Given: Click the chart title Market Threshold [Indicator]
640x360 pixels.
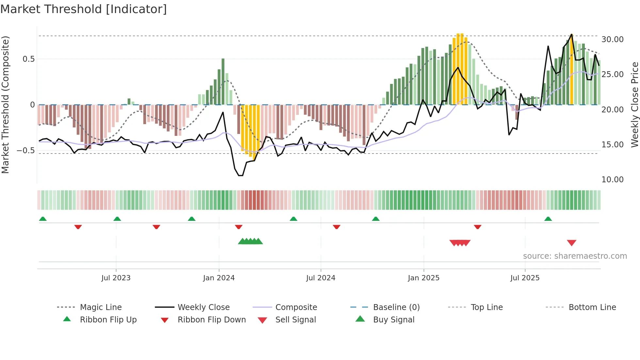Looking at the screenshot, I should click(84, 9).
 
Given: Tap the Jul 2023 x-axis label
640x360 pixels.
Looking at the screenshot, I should click(116, 278).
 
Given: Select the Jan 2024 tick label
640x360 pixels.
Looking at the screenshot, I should click(219, 278).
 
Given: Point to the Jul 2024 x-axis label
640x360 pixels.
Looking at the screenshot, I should click(321, 278).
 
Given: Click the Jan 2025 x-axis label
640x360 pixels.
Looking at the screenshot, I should click(424, 278).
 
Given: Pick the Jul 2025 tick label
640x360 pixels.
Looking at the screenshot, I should click(525, 278).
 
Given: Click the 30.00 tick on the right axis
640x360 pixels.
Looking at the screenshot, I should click(612, 40).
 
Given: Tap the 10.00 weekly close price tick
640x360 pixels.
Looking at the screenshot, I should click(612, 179).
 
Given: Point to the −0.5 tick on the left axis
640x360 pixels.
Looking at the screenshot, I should click(25, 151).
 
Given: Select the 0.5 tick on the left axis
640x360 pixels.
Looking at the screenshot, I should click(28, 59).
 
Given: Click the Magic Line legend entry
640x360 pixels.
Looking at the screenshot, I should click(101, 307).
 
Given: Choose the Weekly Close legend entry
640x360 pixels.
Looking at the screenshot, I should click(203, 307).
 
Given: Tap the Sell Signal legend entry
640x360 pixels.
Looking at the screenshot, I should click(296, 320).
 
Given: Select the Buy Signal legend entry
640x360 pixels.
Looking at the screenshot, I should click(393, 320).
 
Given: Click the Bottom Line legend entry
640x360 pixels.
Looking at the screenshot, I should click(592, 307).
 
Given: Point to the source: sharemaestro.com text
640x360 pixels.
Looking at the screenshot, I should click(575, 256).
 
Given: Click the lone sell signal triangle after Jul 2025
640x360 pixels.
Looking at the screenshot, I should click(571, 243).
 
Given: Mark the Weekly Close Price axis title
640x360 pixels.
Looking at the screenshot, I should click(634, 105).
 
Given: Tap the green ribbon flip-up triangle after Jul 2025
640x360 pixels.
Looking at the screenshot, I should click(548, 219).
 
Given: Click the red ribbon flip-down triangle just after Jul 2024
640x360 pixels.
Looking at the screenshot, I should click(336, 227).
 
